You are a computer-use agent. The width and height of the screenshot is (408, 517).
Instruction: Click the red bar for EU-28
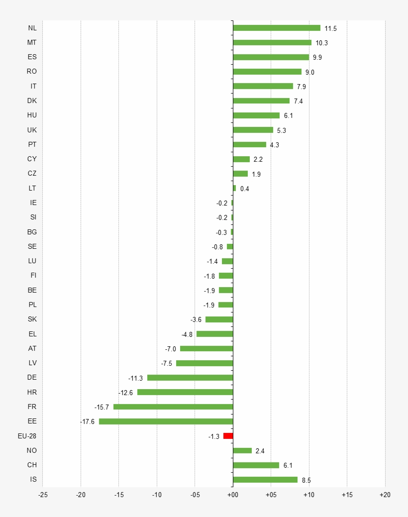[228, 436]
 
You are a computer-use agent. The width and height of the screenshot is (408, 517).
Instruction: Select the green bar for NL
[277, 28]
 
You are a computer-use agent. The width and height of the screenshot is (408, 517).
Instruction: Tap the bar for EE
[166, 421]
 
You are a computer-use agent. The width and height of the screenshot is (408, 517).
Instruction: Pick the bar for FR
[173, 407]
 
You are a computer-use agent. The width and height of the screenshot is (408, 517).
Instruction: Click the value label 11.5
[330, 28]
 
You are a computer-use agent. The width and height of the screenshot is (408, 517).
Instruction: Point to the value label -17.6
[87, 422]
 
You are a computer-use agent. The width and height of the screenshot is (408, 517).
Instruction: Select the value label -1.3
[213, 436]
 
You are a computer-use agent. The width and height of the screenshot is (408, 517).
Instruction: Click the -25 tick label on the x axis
[43, 495]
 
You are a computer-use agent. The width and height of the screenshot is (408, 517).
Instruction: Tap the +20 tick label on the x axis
[385, 495]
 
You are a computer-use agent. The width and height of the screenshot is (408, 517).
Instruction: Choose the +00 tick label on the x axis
[232, 495]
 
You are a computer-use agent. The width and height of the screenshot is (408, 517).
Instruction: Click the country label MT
[32, 42]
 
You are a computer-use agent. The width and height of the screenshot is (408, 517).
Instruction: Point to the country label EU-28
[27, 436]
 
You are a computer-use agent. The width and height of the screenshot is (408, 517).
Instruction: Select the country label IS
[33, 480]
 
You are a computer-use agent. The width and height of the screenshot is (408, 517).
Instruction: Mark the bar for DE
[190, 378]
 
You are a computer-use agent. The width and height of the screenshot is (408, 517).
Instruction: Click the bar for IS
[265, 480]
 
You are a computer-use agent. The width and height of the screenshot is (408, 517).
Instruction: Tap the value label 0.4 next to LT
[244, 189]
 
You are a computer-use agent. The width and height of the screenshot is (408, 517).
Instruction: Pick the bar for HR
[185, 392]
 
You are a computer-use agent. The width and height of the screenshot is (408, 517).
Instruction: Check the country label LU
[32, 261]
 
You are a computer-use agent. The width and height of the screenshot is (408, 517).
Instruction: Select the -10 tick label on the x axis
[157, 495]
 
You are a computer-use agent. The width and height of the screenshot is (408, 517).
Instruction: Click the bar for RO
[267, 72]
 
